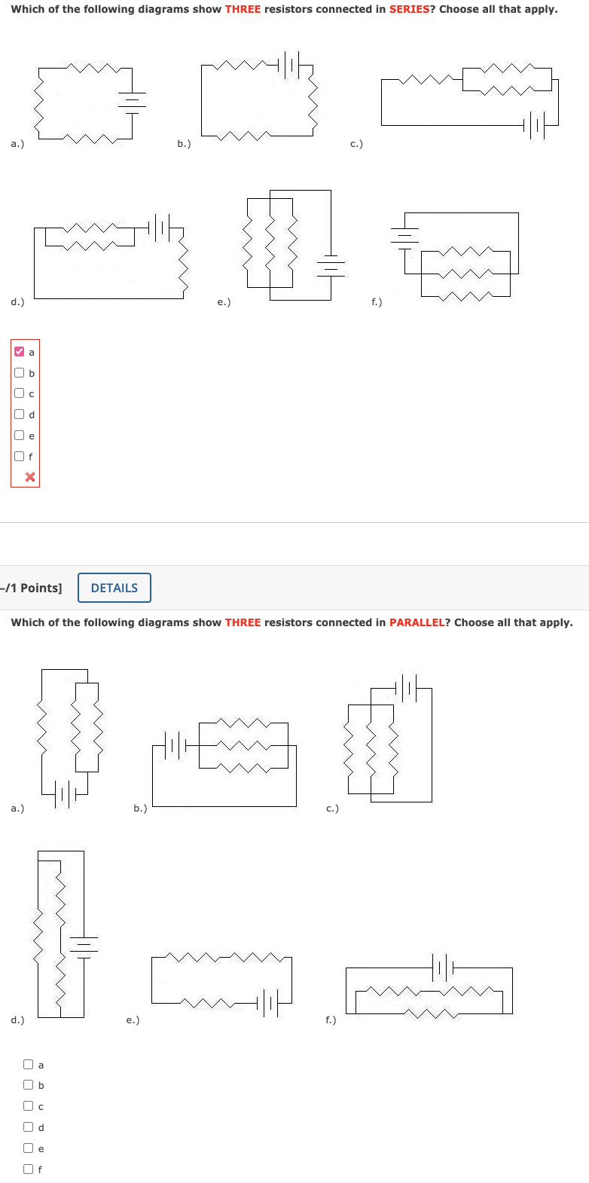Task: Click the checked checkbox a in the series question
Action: click(x=19, y=352)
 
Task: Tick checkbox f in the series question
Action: click(x=19, y=456)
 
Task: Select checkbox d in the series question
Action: click(x=19, y=414)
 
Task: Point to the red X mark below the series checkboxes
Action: click(x=30, y=477)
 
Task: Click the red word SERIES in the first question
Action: click(x=409, y=9)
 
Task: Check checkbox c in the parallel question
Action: click(x=28, y=1106)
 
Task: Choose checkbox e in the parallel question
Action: click(x=28, y=1148)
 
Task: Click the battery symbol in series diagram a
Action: click(x=133, y=100)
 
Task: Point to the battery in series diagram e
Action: click(x=331, y=264)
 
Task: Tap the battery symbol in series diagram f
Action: click(x=405, y=235)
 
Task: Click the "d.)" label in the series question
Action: click(x=17, y=302)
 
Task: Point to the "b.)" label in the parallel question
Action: click(x=140, y=809)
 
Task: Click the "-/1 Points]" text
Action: click(x=32, y=588)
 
